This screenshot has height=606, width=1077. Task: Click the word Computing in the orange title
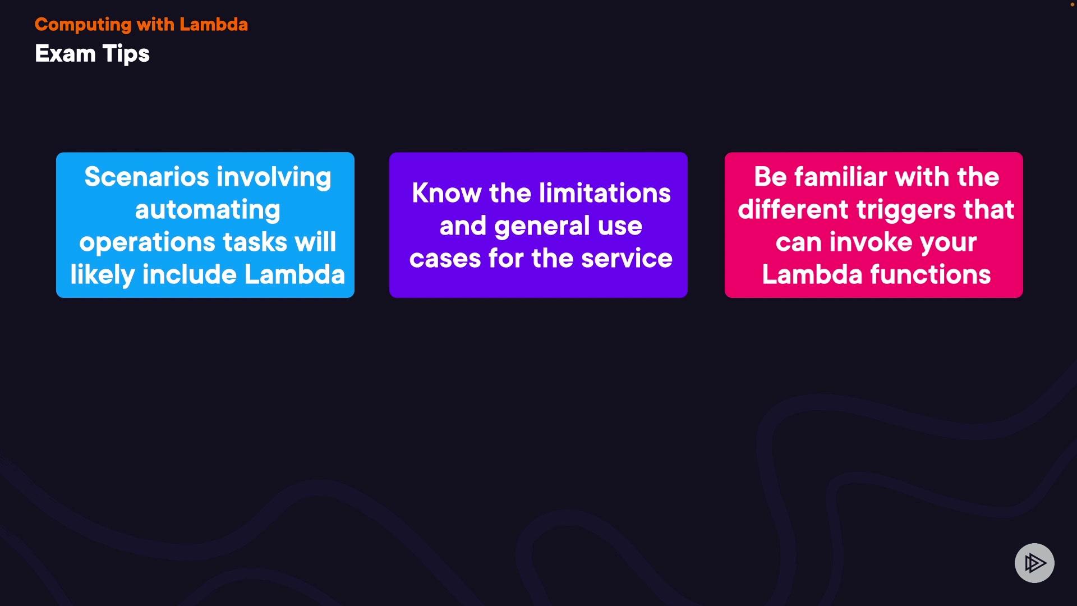83,25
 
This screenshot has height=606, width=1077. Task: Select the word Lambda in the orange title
214,25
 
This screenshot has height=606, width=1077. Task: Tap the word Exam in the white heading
65,54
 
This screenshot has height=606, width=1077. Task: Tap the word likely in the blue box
103,276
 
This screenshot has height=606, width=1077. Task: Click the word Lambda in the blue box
294,274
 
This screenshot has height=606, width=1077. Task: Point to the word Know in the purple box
447,193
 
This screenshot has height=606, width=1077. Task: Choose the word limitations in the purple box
605,193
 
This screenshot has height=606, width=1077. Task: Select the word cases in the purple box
445,259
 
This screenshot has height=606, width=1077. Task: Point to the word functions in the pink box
931,274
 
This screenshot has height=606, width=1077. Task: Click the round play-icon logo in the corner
1034,563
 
